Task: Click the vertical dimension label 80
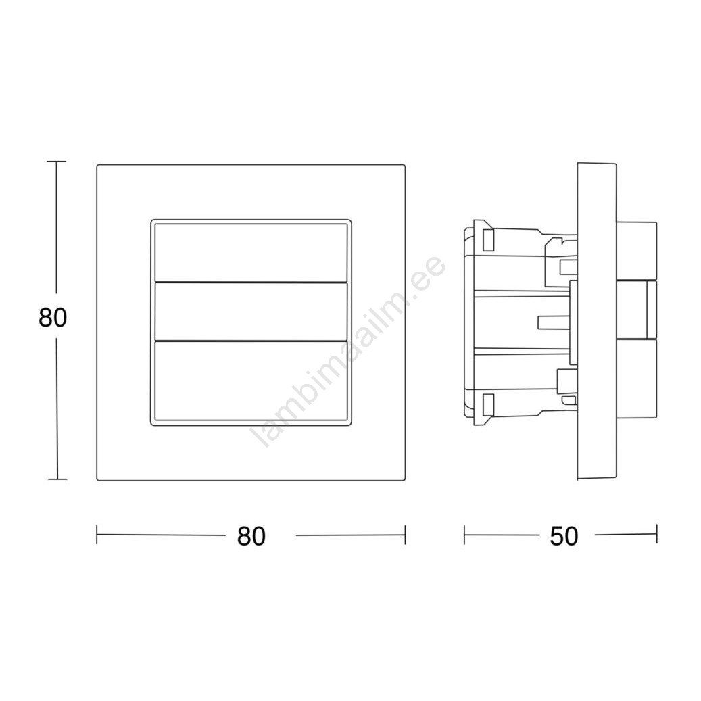click(53, 318)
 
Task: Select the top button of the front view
click(251, 253)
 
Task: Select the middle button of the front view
click(251, 312)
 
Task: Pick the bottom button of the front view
click(251, 381)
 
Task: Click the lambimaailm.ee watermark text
click(349, 351)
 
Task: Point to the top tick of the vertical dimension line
click(56, 162)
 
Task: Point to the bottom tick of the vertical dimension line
click(57, 479)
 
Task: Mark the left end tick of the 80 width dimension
click(97, 535)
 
